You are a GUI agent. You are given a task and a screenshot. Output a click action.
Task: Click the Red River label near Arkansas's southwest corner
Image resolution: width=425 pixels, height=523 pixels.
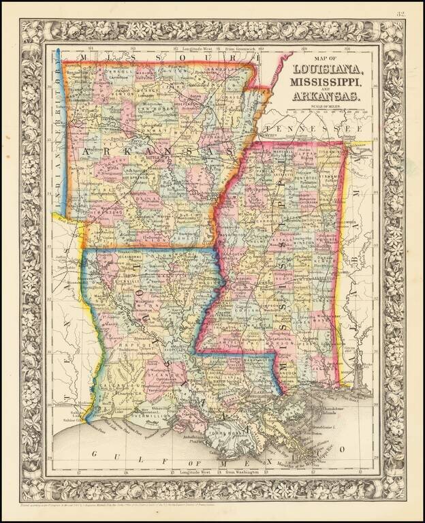63,221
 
